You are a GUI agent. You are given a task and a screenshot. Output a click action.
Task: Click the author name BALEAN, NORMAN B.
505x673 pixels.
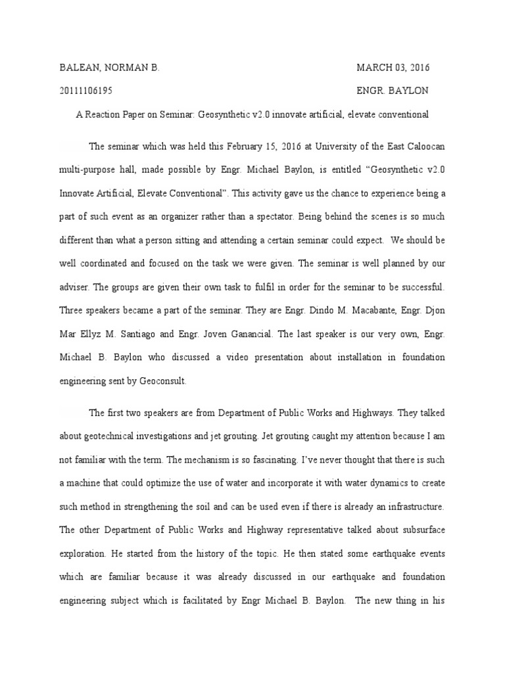(x=110, y=68)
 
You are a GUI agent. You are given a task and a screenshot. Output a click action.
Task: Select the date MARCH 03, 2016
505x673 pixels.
(x=393, y=68)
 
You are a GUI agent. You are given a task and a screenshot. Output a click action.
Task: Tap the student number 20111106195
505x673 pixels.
(x=88, y=91)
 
